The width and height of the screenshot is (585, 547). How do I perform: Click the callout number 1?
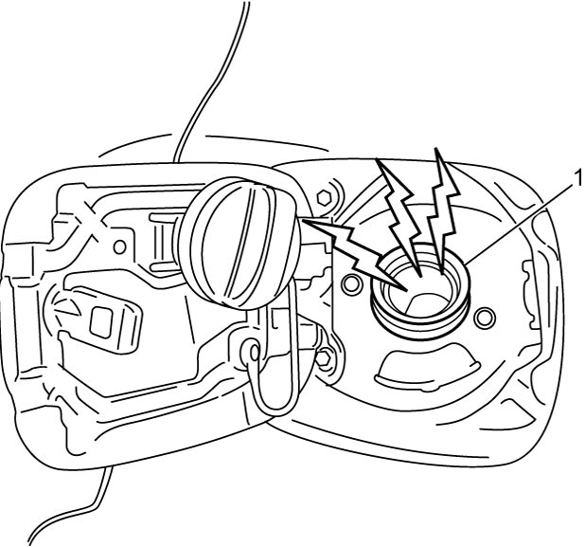pos(578,178)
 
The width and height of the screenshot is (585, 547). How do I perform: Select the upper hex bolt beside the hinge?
pos(324,196)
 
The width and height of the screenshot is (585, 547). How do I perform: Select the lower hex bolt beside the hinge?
pos(325,358)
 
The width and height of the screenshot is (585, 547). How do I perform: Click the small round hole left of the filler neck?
pos(351,284)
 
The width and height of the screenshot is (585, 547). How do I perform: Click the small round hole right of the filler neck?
pos(484,317)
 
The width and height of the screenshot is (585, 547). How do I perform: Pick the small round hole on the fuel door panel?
pos(120,247)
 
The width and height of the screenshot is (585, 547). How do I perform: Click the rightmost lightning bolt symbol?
pos(444,210)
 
